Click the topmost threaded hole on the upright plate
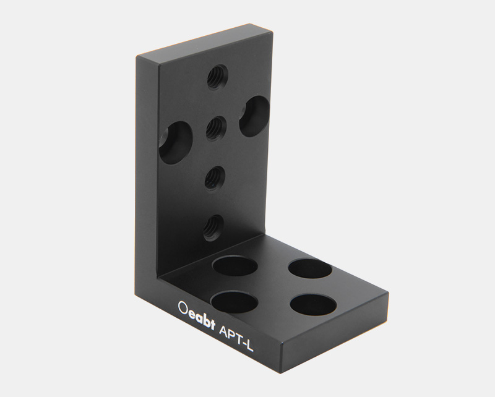217,77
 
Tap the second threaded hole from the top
214,128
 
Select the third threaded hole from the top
214,177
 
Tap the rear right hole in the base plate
311,269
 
